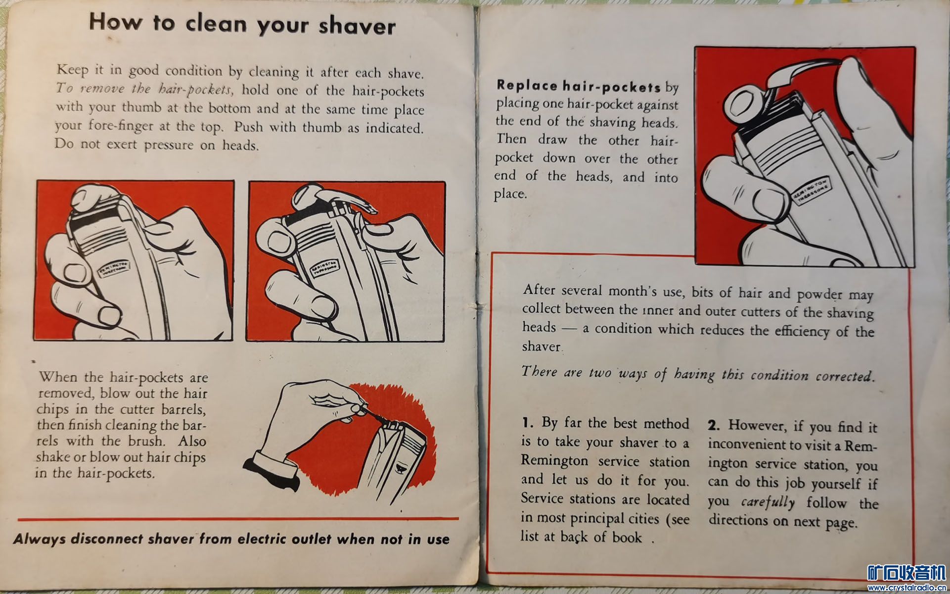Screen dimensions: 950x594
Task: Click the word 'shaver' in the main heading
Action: [357, 25]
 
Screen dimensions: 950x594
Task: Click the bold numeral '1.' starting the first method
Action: [528, 423]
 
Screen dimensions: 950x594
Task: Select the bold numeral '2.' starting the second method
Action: [714, 425]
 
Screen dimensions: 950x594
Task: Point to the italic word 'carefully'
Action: [768, 502]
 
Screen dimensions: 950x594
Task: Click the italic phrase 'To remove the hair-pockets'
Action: [144, 89]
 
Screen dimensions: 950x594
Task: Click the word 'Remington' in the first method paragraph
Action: [554, 461]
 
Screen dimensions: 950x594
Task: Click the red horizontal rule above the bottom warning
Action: [238, 519]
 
